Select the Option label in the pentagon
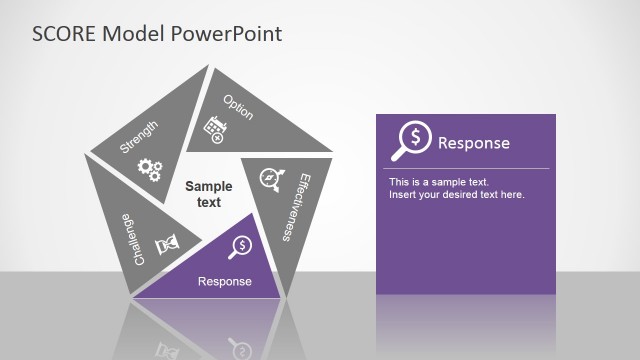(238, 107)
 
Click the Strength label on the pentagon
(138, 137)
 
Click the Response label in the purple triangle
(225, 281)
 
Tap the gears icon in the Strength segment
(149, 170)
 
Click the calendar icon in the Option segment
(213, 129)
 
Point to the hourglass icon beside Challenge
(165, 242)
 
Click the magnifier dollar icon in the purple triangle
(241, 245)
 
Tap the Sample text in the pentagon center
(208, 194)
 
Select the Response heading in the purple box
(473, 143)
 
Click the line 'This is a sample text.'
(438, 182)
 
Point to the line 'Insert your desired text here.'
(456, 194)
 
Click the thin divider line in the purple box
(465, 169)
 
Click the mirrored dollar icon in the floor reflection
(239, 346)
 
